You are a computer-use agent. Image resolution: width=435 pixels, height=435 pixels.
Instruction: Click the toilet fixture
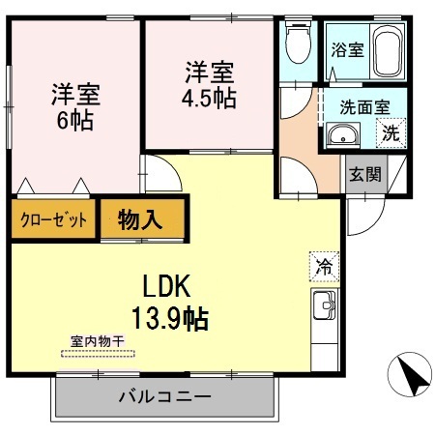pyautogui.click(x=299, y=42)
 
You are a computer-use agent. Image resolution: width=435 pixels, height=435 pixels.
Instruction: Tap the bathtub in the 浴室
pyautogui.click(x=388, y=51)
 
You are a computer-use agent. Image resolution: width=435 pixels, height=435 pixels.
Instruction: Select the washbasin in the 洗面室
pyautogui.click(x=343, y=134)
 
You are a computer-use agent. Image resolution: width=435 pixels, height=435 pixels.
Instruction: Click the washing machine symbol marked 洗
pyautogui.click(x=391, y=133)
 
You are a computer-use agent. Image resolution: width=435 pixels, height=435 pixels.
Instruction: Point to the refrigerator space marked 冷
pyautogui.click(x=324, y=267)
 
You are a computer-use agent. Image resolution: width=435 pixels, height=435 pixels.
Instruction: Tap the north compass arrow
pyautogui.click(x=413, y=375)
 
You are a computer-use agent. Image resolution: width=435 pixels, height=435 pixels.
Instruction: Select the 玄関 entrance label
pyautogui.click(x=365, y=174)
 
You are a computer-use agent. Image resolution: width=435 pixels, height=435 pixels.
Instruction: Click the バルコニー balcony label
pyautogui.click(x=165, y=396)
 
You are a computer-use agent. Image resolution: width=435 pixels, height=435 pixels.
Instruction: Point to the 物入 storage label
pyautogui.click(x=139, y=220)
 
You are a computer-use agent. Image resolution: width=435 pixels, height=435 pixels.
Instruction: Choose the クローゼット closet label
pyautogui.click(x=53, y=220)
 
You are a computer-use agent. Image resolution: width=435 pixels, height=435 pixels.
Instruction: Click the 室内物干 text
pyautogui.click(x=98, y=341)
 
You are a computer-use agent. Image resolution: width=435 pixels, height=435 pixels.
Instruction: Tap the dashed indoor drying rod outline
pyautogui.click(x=98, y=354)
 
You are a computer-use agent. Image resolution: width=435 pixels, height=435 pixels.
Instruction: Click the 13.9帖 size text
pyautogui.click(x=170, y=318)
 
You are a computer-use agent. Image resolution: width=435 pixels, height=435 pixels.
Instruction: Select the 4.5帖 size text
pyautogui.click(x=209, y=98)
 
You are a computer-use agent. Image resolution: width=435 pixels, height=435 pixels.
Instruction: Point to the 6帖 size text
pyautogui.click(x=75, y=120)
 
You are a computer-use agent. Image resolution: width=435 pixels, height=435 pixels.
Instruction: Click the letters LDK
pyautogui.click(x=166, y=286)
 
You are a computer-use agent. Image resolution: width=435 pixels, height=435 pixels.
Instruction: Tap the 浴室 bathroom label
pyautogui.click(x=348, y=50)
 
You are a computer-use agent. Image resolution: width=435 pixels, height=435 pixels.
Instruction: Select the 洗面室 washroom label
pyautogui.click(x=364, y=107)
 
